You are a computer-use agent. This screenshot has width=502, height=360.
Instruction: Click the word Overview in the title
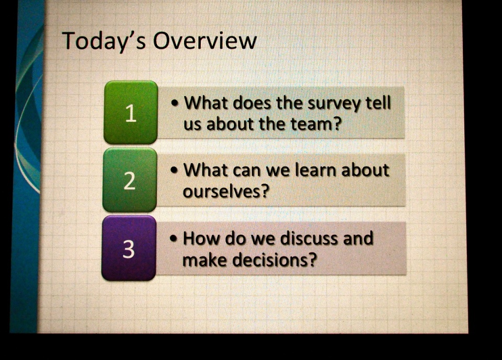204,41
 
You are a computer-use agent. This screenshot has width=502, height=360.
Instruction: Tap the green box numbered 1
131,112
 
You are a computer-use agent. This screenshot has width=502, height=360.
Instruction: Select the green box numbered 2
130,179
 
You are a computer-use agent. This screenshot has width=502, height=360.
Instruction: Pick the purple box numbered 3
129,248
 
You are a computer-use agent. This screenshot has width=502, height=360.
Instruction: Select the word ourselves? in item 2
225,191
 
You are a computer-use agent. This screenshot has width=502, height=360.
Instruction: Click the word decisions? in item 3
275,260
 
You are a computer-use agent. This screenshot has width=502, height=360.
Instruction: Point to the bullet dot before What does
175,103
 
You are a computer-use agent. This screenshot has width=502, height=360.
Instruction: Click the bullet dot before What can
174,170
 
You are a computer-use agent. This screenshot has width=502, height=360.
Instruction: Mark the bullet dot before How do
174,239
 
